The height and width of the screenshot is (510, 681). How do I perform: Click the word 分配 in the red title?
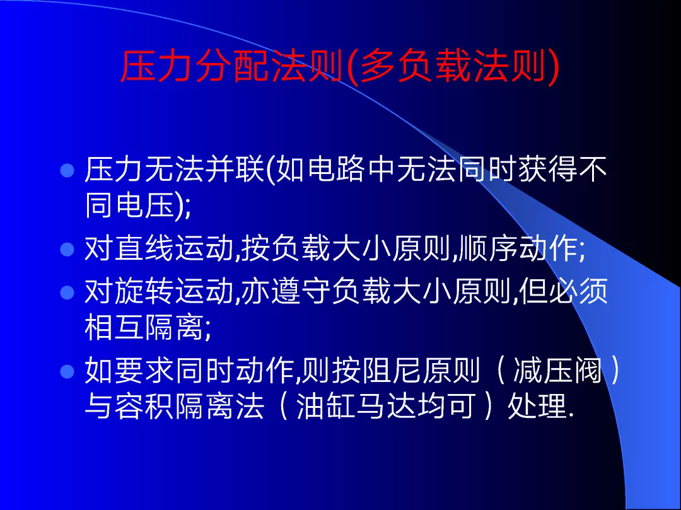[x=233, y=66]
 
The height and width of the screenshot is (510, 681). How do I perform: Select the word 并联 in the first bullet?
[x=235, y=169]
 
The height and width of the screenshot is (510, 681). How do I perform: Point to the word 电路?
[x=335, y=169]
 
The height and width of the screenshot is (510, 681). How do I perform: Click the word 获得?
[x=548, y=169]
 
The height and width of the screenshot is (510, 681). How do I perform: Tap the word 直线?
[x=144, y=248]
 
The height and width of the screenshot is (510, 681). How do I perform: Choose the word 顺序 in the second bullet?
[x=488, y=248]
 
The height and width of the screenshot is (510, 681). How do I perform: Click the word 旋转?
[x=144, y=291]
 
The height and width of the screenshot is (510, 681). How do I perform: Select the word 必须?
[x=578, y=291]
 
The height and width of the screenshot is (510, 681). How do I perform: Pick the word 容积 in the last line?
[x=144, y=406]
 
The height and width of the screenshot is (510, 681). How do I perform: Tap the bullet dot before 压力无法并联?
[x=67, y=170]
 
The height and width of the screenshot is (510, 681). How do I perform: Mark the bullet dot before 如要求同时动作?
[x=67, y=371]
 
